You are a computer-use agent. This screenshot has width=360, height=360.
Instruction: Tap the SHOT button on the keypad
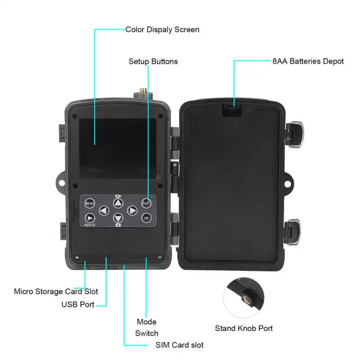(x=146, y=203)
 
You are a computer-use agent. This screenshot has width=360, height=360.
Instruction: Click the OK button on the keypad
(x=146, y=218)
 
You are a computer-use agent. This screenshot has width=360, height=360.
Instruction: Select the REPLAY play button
(x=90, y=218)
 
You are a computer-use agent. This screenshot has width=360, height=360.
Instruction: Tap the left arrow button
(x=104, y=211)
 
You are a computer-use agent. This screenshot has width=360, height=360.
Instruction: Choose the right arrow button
(x=132, y=211)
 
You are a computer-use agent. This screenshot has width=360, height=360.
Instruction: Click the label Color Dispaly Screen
(x=162, y=30)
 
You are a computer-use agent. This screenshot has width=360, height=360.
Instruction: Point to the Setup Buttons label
(x=153, y=62)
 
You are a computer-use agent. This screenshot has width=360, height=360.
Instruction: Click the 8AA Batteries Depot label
(x=308, y=61)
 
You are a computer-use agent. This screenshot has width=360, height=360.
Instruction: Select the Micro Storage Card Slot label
(x=56, y=292)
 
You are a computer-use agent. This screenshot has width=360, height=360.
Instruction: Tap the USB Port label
(x=78, y=305)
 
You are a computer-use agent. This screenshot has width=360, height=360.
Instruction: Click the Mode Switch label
(x=147, y=328)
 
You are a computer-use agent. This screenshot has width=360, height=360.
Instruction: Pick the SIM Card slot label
(x=179, y=345)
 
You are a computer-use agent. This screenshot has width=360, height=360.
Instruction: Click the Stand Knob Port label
(x=243, y=328)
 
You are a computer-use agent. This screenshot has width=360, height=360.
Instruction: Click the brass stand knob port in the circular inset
(x=247, y=299)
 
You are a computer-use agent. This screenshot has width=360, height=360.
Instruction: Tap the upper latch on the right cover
(x=294, y=134)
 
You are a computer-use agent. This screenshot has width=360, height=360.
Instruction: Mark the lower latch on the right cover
(x=293, y=232)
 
